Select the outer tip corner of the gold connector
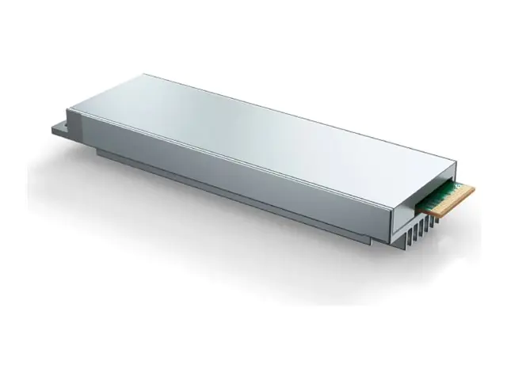[474, 188]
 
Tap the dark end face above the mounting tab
[76, 127]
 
